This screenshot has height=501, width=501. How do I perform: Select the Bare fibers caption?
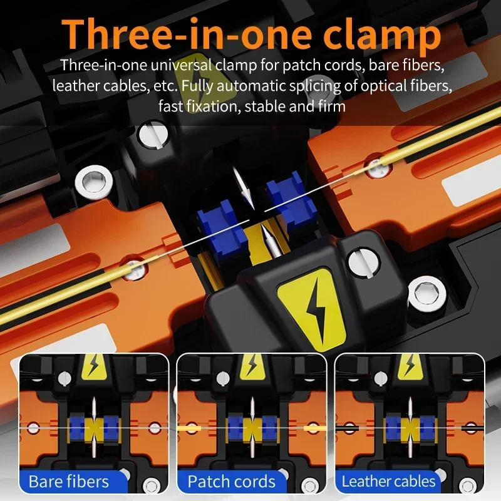tap(69, 482)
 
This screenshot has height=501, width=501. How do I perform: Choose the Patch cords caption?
tap(231, 482)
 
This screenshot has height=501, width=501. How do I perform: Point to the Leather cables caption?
tap(388, 482)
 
